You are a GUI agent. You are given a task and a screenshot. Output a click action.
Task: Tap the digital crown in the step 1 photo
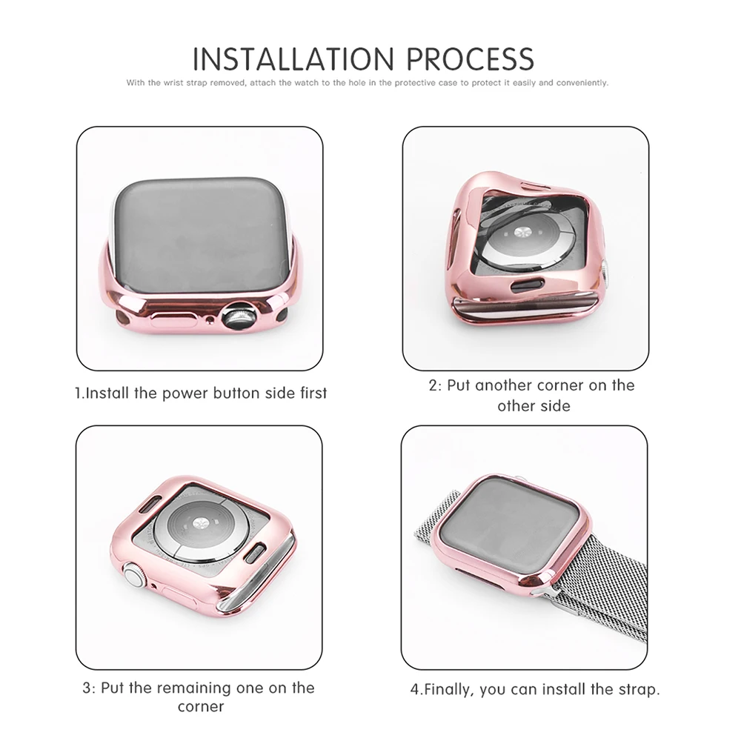click(239, 317)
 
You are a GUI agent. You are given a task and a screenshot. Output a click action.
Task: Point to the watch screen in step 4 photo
click(516, 528)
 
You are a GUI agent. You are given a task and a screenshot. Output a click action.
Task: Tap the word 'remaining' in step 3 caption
click(194, 688)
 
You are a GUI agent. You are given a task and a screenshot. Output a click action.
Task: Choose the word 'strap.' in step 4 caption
click(638, 689)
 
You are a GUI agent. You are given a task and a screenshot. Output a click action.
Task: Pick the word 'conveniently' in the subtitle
click(582, 83)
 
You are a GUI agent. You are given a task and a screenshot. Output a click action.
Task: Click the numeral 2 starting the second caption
click(433, 386)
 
